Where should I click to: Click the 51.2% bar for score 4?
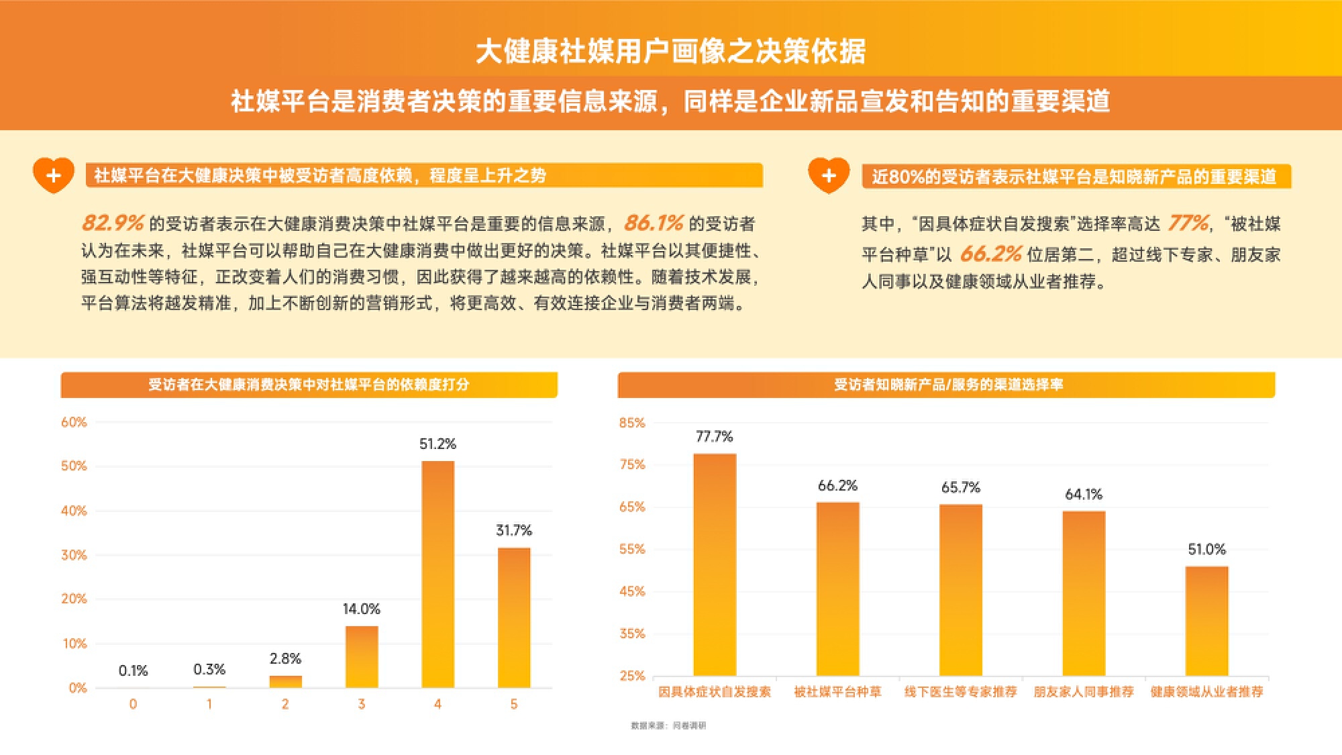[437, 574]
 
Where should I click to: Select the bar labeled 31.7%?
[514, 617]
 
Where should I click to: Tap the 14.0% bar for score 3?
[362, 656]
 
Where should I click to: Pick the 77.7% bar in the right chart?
[715, 564]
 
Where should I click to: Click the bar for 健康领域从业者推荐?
[1206, 621]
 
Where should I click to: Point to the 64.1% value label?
[1084, 495]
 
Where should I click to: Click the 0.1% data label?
[133, 670]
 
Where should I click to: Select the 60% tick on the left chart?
[74, 422]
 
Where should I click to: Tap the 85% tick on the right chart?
[631, 423]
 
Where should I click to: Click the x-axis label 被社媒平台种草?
[837, 692]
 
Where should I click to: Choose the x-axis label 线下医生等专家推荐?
[960, 692]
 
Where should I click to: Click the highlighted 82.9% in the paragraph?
[113, 223]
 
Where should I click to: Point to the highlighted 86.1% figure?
[654, 223]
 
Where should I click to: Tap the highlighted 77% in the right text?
[1188, 223]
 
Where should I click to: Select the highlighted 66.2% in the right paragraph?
[990, 254]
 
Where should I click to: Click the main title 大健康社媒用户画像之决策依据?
[671, 51]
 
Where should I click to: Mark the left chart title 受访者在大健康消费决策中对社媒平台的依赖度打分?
[309, 385]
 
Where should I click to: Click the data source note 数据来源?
[668, 725]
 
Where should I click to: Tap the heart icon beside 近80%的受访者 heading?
[829, 176]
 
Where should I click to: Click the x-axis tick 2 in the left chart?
[285, 704]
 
